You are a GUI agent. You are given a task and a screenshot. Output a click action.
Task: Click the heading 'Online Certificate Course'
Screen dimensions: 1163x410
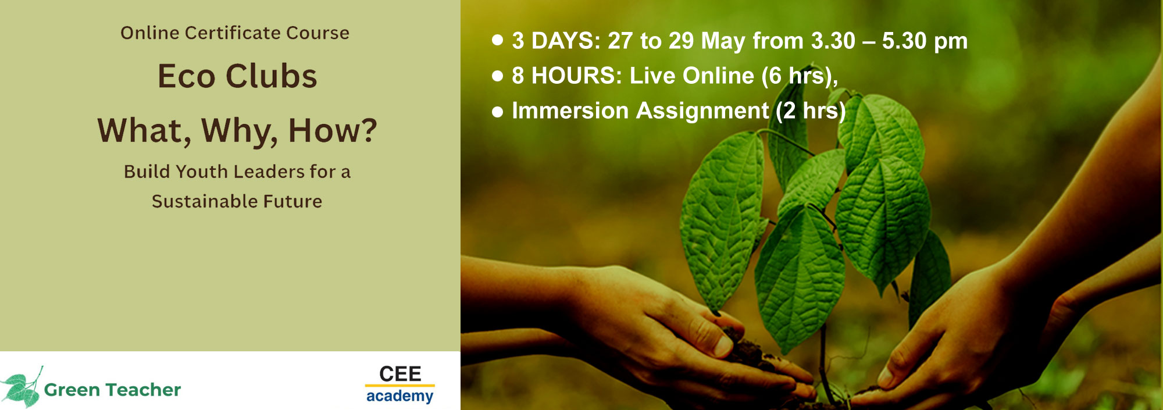[x=235, y=33]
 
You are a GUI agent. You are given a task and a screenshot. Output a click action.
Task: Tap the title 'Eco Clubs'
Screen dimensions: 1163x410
[x=237, y=76]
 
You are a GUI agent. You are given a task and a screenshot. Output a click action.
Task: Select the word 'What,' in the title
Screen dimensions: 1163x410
[x=144, y=131]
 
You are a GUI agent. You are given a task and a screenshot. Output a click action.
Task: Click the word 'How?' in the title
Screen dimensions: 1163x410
[x=333, y=130]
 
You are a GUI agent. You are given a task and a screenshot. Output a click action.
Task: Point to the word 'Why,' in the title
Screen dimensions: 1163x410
[x=240, y=131]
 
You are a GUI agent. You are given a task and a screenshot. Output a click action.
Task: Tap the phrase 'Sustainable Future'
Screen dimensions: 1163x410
[x=237, y=201]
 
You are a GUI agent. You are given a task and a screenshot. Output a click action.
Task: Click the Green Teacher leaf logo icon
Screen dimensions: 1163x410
[x=22, y=387]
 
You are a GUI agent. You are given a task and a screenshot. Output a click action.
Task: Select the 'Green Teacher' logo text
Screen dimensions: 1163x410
[x=112, y=390]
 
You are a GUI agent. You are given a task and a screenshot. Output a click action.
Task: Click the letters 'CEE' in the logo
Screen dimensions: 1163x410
[x=400, y=373]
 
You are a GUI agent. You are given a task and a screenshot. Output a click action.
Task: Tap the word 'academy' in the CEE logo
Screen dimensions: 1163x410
[x=399, y=397]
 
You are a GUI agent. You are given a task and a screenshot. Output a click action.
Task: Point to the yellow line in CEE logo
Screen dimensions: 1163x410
[x=399, y=385]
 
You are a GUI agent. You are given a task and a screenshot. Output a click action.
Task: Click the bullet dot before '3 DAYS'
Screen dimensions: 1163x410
[x=497, y=40]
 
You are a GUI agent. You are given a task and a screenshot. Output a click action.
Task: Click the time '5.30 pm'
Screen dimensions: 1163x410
[x=925, y=41]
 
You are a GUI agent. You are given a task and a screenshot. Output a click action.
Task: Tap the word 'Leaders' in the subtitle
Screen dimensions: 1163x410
[x=269, y=172]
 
